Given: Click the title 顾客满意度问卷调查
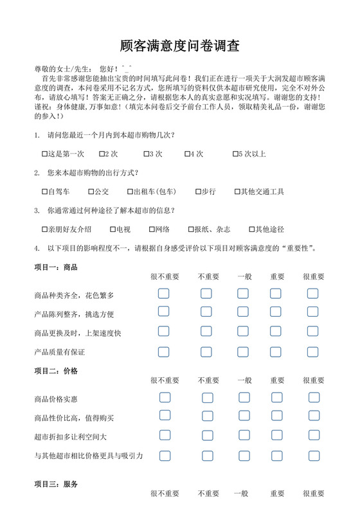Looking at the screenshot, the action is coord(180,46).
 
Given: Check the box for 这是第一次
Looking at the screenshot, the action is coord(44,154).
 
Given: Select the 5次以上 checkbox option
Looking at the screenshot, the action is coord(236,154).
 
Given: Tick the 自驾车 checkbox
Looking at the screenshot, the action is coord(44,192).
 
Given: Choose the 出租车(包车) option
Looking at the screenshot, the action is coord(129,192).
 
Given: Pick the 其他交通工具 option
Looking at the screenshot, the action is coord(237,192).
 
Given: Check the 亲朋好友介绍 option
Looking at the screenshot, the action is coord(44,229).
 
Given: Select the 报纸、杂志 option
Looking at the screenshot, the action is coord(190,229).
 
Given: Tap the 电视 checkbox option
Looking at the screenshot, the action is coord(113,229).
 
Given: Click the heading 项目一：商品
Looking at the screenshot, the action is coord(56,267).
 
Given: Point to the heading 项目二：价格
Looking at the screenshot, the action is coord(56,371).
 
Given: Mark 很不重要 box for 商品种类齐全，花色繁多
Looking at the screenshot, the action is coord(164,294).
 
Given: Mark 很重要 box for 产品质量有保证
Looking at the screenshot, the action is coord(312,352).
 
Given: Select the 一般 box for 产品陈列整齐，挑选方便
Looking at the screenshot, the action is coord(243,313).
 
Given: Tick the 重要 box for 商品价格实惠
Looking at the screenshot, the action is coord(276,397).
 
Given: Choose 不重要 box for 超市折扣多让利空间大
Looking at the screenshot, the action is coord(207,436).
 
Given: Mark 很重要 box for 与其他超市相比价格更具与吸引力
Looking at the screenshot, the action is coord(313,456).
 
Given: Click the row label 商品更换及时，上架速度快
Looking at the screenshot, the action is coord(78,333).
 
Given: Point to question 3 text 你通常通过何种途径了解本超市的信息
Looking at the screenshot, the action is coord(111,210).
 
